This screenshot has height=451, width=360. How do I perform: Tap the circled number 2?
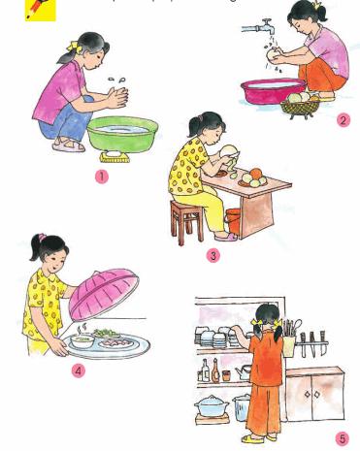pyautogui.click(x=343, y=120)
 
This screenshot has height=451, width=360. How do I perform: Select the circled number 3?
pyautogui.click(x=213, y=255)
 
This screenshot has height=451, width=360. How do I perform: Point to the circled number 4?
pyautogui.click(x=79, y=370)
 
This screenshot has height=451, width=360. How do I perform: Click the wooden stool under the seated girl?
pyautogui.click(x=185, y=219)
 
